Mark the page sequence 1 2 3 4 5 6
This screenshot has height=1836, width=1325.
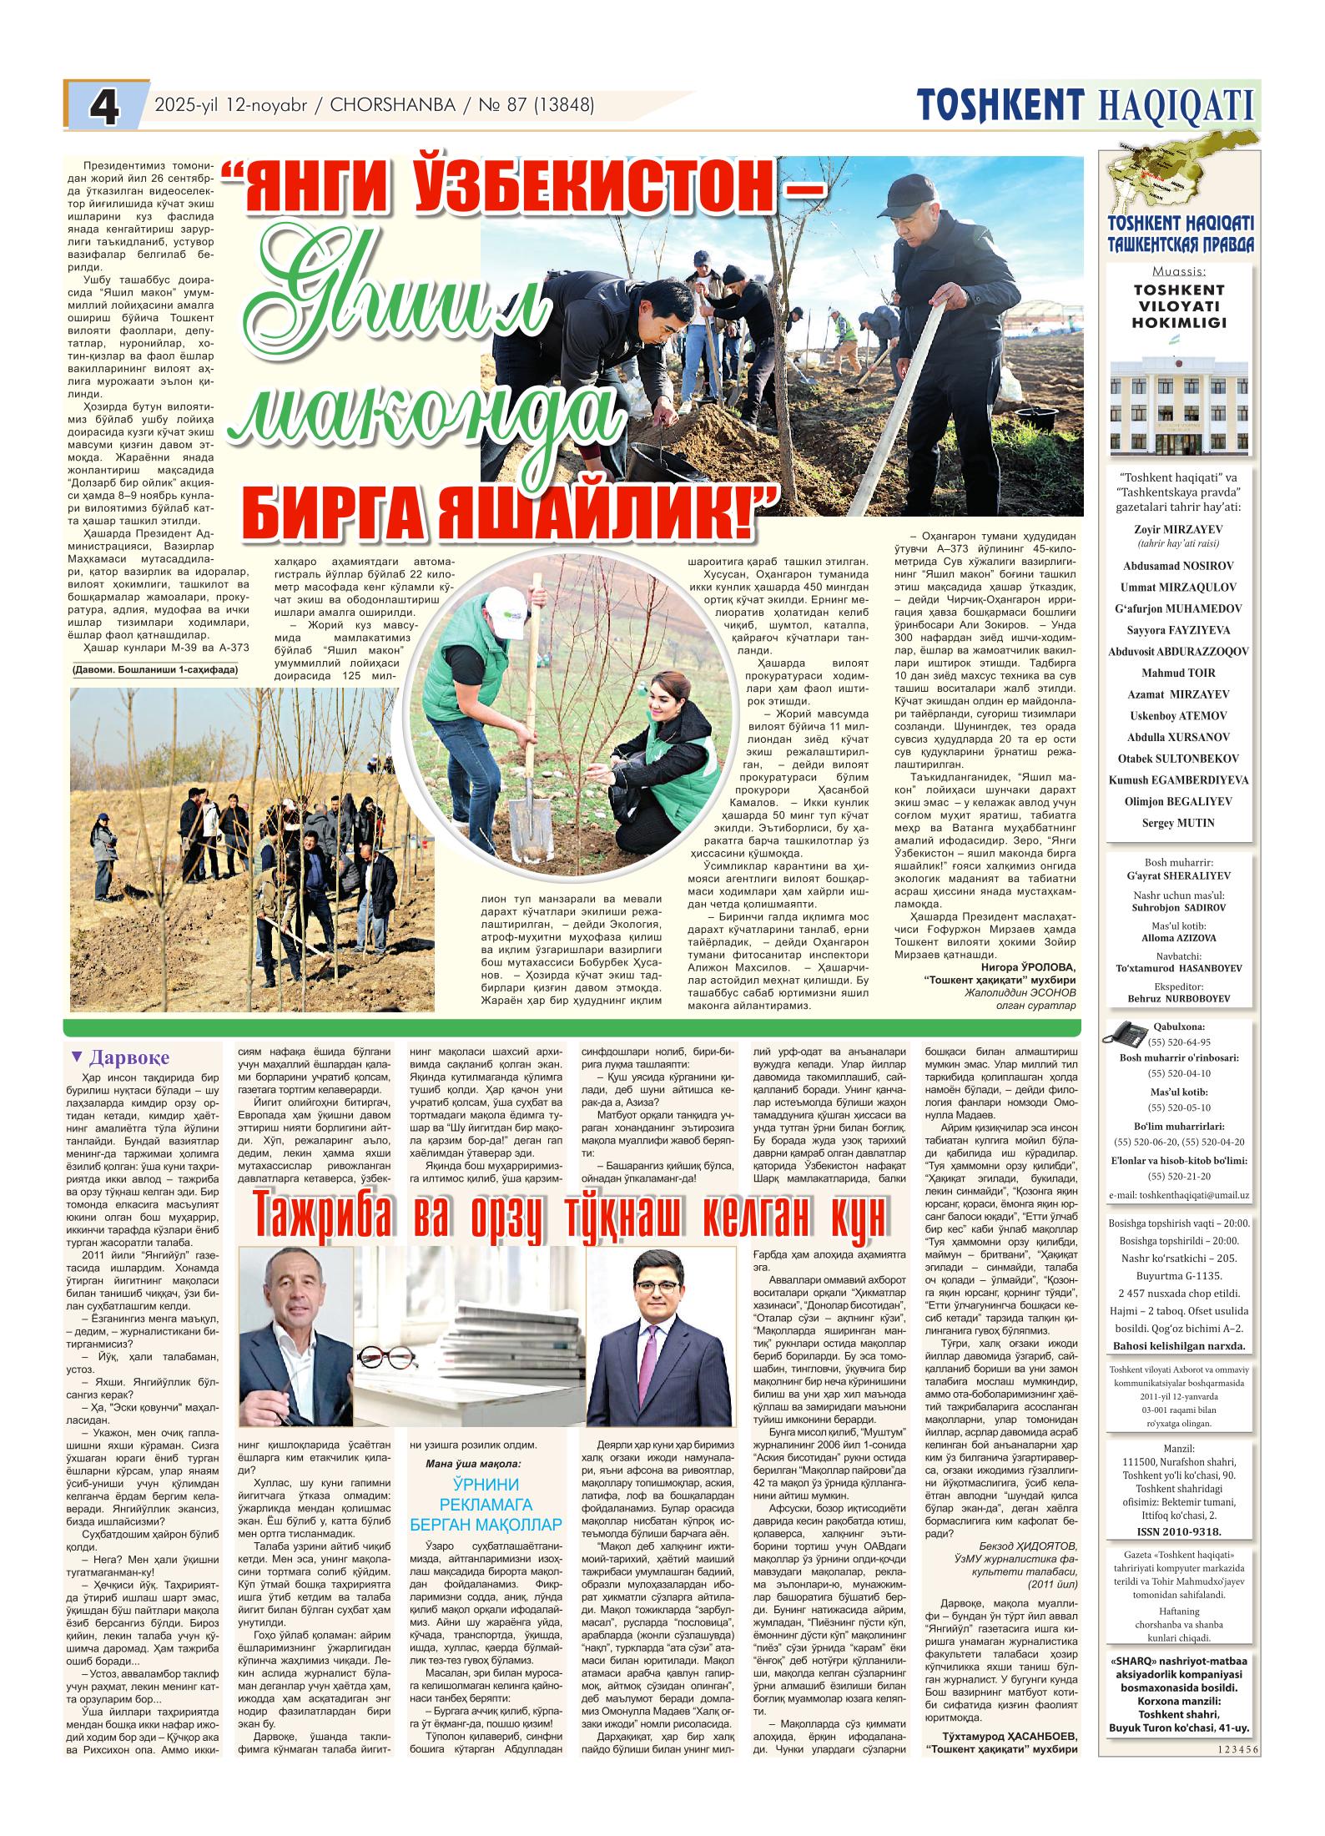coord(1237,1813)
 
